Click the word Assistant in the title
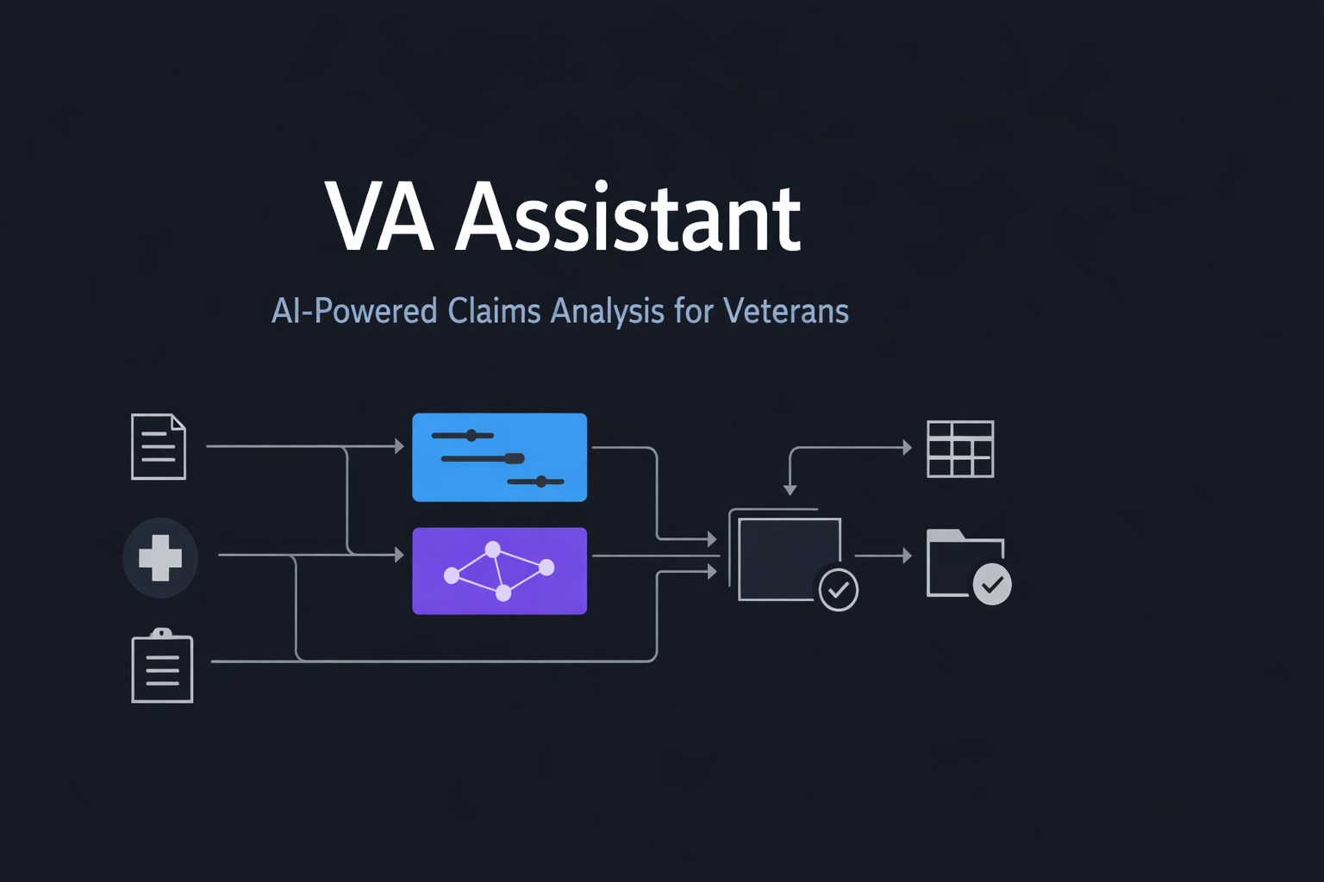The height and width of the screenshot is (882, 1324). coord(628,219)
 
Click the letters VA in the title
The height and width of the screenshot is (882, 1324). coord(379,219)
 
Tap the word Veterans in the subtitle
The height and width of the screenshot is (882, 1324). coord(785,311)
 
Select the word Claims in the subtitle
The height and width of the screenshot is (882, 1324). coord(495,311)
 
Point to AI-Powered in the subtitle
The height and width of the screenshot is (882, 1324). coord(354,311)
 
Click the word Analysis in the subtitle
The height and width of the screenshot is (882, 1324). coord(608,311)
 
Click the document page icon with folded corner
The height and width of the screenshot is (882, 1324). coord(159,447)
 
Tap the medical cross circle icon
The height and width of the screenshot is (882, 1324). coord(160,558)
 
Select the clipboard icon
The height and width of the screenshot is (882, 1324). coord(162,667)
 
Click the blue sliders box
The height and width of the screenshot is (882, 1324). coord(499,457)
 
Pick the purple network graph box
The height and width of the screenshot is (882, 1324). coord(499,571)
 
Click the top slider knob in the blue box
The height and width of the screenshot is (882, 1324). coord(472,436)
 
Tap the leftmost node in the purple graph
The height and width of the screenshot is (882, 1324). coord(451,575)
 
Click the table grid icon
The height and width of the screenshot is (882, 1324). coord(960,449)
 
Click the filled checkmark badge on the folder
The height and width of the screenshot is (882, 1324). coord(992,585)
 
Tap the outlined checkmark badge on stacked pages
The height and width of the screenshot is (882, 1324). coord(838,591)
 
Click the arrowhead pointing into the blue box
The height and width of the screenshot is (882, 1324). coord(399,446)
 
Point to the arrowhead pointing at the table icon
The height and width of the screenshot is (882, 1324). coord(907,448)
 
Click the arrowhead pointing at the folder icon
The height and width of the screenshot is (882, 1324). coord(907,556)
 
